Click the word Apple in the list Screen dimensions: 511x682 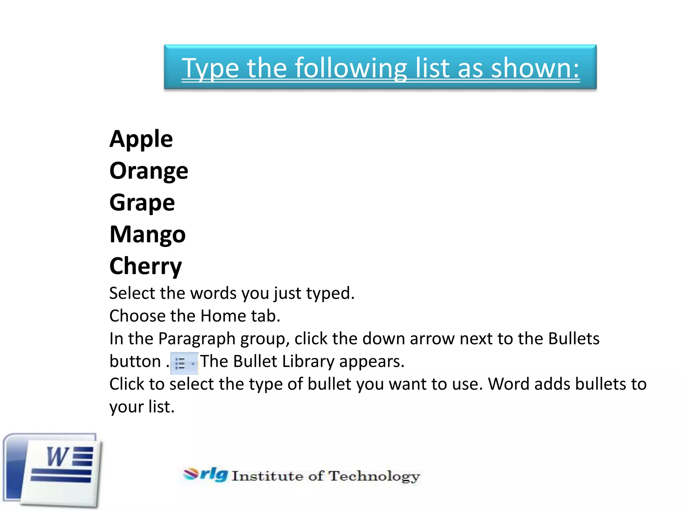pos(141,139)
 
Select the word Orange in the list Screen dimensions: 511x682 pos(149,171)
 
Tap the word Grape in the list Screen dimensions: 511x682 pos(142,203)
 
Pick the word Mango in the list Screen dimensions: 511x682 pos(148,235)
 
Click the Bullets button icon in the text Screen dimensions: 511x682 pos(184,363)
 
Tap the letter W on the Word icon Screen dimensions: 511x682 pos(57,456)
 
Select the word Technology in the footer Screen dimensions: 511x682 pos(374,476)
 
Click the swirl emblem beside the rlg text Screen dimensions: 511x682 pos(191,474)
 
